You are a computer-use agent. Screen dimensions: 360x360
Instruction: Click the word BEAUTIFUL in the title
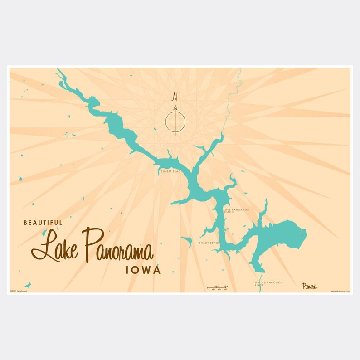[43, 223]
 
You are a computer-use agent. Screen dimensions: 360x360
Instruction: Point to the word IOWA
[143, 270]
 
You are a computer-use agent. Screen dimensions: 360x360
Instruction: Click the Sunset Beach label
[170, 172]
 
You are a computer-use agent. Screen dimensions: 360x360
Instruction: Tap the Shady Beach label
[209, 243]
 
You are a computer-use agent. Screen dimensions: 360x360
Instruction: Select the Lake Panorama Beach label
[236, 211]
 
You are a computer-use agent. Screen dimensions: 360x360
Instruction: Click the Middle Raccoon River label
[268, 283]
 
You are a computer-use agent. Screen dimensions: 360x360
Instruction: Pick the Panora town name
[310, 286]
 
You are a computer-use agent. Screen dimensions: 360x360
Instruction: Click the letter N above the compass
[175, 97]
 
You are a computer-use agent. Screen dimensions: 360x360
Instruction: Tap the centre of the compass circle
[175, 122]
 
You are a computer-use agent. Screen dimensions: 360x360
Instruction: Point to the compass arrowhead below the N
[175, 108]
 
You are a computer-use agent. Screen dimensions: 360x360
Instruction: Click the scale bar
[217, 287]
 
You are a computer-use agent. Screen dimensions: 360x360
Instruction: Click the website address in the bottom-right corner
[340, 291]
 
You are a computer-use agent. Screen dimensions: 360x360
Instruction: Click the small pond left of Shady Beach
[187, 240]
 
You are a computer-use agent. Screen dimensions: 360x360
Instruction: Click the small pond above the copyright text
[28, 285]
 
